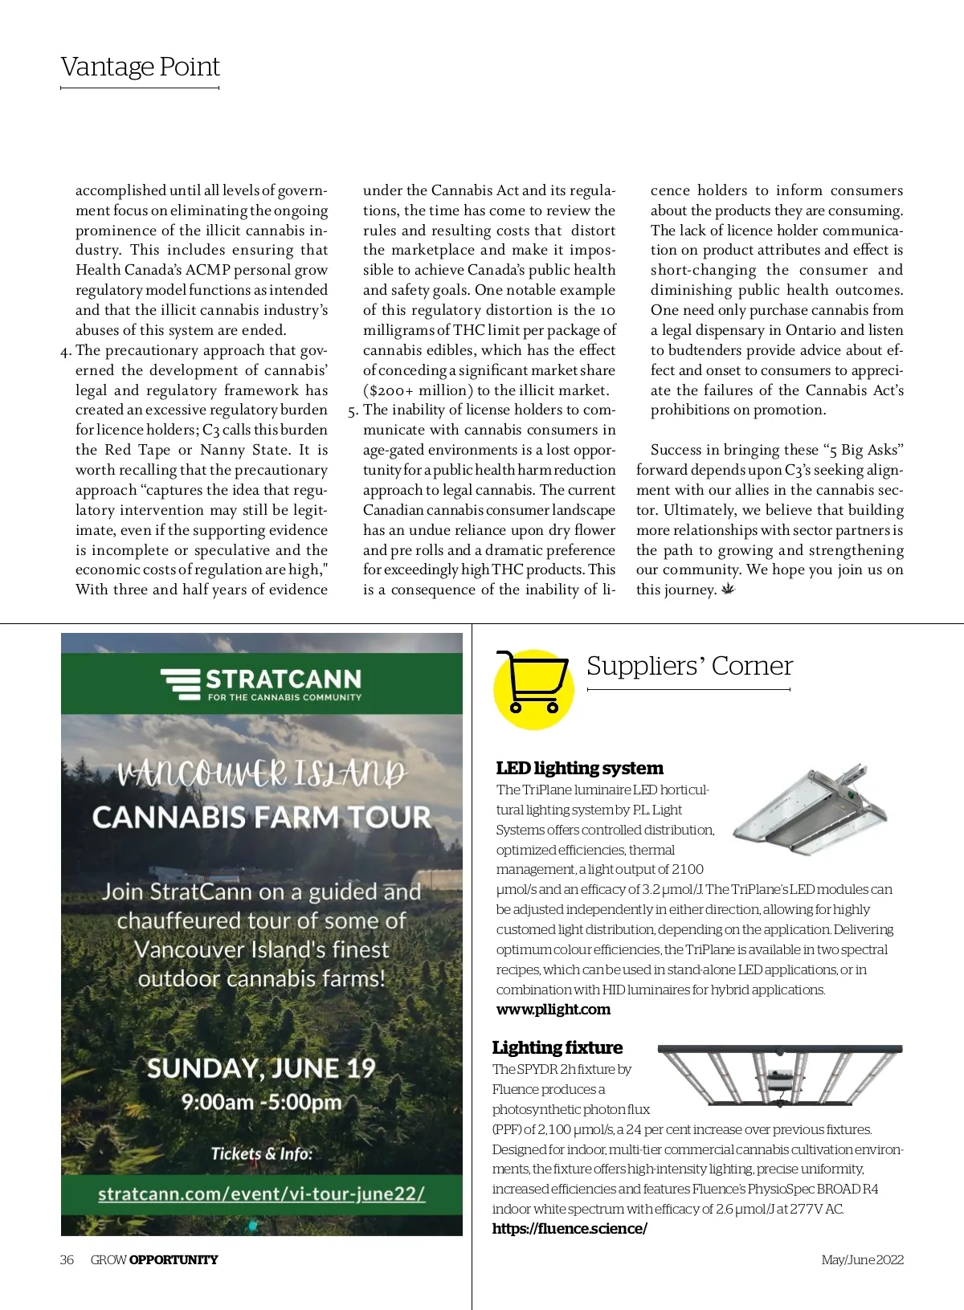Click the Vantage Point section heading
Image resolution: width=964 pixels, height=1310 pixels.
[140, 67]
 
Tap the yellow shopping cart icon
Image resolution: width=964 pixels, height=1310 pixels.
[533, 688]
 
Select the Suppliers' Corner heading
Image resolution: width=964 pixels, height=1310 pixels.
[689, 666]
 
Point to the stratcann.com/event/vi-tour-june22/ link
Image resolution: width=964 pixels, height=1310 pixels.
[261, 1194]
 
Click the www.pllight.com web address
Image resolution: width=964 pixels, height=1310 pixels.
[553, 1010]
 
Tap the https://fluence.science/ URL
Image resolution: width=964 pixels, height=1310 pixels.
[570, 1229]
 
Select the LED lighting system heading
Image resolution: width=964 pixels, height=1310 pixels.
[579, 769]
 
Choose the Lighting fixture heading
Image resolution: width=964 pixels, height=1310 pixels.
[557, 1047]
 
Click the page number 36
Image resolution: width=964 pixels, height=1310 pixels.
[67, 1259]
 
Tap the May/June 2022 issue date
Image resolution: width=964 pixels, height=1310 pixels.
[862, 1259]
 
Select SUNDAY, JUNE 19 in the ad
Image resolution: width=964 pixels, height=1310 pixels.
[261, 1068]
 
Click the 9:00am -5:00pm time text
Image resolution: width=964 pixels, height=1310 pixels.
[261, 1101]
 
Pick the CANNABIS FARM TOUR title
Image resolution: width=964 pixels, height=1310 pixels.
[261, 818]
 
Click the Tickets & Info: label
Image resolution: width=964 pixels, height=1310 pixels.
[261, 1154]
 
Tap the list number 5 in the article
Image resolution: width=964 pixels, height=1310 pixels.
[353, 410]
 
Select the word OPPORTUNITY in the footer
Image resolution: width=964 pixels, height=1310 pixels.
[174, 1259]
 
